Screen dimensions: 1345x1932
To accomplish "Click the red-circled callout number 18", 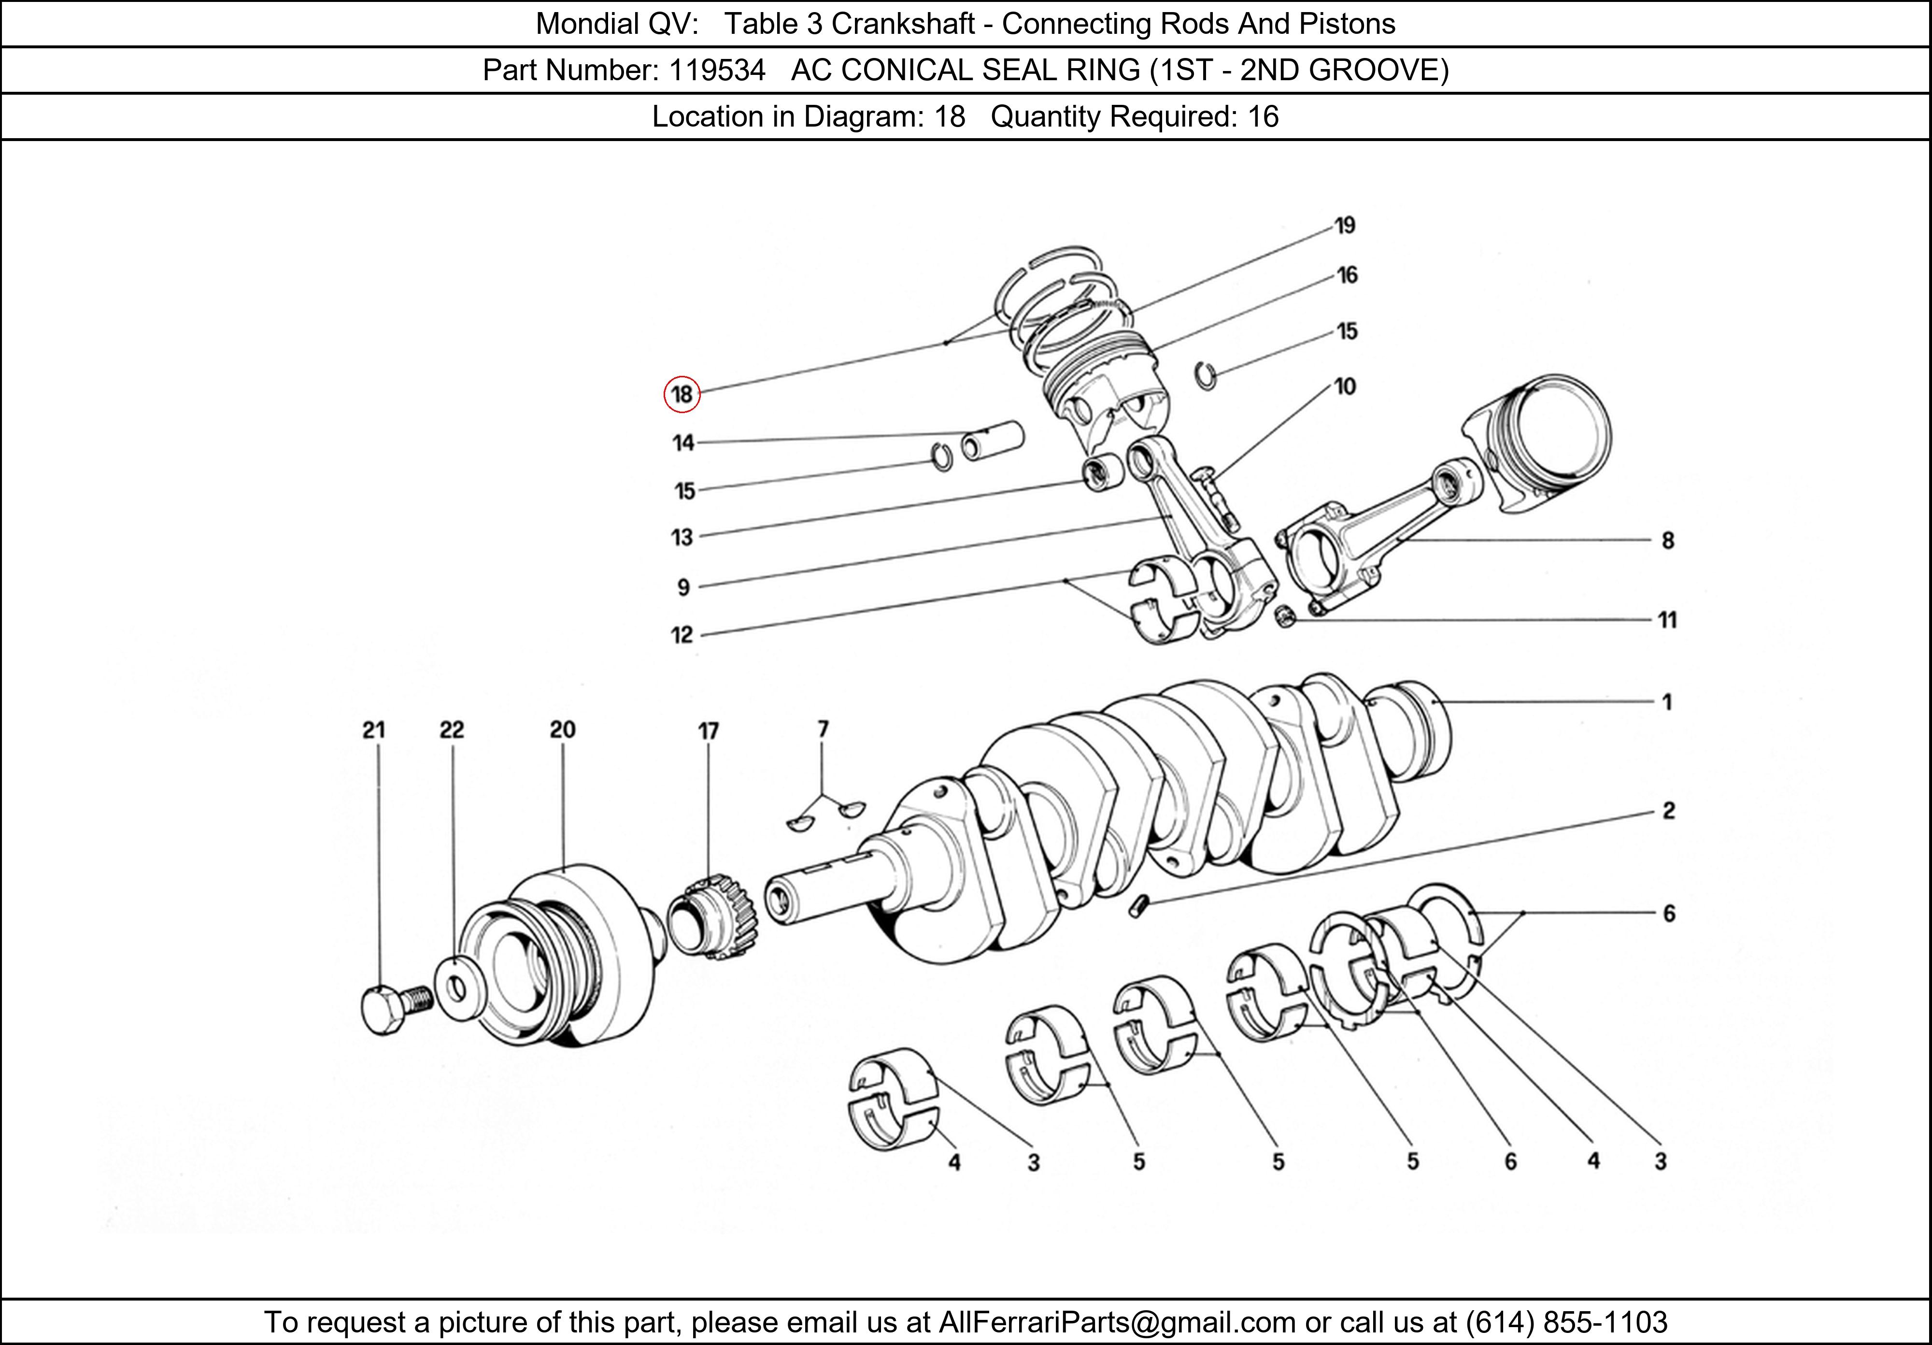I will (682, 394).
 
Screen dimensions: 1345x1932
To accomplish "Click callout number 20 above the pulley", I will (562, 730).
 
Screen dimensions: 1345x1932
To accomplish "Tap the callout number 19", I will (1345, 226).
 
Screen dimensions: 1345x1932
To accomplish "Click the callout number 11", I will (1667, 620).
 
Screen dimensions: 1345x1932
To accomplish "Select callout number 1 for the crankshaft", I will (1667, 702).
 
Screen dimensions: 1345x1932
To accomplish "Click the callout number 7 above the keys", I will (823, 729).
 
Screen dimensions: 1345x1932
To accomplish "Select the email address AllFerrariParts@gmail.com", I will (1117, 1322).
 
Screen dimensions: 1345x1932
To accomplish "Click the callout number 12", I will (682, 635).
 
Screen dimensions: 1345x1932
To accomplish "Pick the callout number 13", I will (682, 537).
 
